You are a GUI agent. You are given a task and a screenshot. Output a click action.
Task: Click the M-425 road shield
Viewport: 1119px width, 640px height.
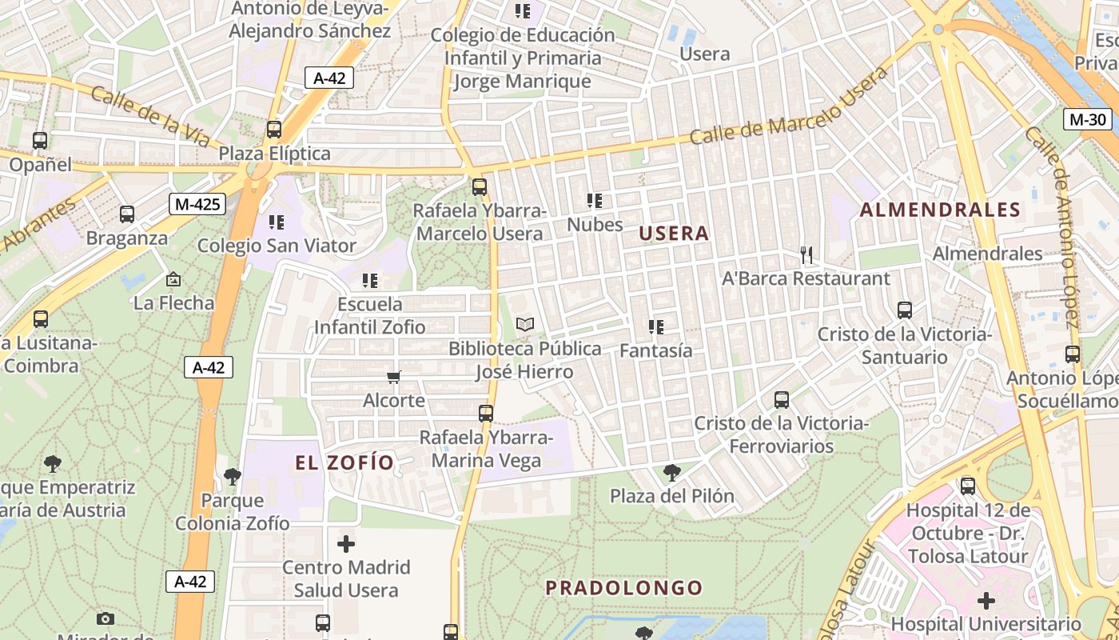[197, 204]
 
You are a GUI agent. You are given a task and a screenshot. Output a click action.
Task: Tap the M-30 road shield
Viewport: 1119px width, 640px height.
[1088, 119]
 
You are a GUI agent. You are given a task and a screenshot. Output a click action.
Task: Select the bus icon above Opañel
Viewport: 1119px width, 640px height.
[40, 141]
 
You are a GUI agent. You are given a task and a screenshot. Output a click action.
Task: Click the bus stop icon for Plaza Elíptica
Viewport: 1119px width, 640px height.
[274, 130]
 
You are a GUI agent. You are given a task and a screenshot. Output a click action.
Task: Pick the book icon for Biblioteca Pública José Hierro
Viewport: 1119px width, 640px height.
[524, 325]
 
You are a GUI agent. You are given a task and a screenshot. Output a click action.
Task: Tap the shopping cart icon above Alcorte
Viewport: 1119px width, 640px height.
[393, 377]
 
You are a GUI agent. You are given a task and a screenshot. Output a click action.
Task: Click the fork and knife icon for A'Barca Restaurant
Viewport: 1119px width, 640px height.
[806, 255]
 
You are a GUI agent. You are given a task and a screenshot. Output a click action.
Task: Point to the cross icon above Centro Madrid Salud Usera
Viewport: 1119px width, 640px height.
[345, 544]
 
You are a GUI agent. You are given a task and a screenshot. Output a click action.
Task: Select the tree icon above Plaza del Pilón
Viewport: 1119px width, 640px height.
[672, 473]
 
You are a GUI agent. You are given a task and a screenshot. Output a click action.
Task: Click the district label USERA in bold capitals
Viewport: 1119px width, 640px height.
[674, 234]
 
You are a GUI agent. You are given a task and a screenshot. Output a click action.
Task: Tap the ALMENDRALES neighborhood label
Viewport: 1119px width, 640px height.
[940, 210]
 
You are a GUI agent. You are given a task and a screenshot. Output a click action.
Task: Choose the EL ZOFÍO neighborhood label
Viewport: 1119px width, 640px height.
[344, 462]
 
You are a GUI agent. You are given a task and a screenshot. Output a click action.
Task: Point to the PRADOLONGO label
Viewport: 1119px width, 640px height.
[623, 588]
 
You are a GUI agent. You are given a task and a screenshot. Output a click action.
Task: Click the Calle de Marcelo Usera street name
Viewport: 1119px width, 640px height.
[788, 106]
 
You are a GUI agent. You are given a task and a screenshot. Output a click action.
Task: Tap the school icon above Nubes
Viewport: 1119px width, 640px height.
[595, 201]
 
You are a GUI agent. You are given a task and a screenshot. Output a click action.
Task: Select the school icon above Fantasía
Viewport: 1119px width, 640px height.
[656, 327]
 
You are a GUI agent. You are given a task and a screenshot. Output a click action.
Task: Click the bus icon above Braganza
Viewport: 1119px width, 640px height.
[127, 214]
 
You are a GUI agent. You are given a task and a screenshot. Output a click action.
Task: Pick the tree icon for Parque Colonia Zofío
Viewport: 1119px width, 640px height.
[232, 477]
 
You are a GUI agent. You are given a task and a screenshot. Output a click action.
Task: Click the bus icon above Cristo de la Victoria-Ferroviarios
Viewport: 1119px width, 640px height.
[782, 399]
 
